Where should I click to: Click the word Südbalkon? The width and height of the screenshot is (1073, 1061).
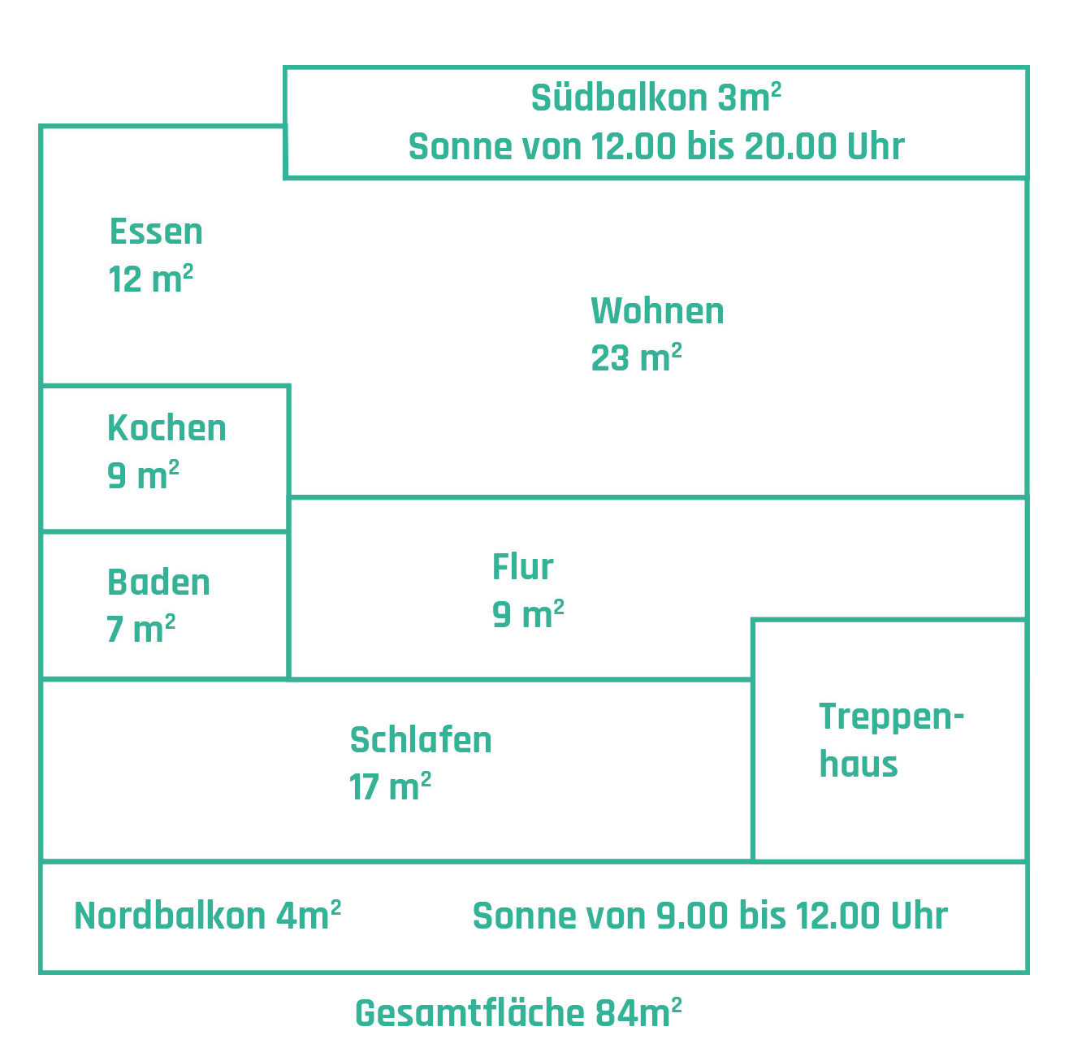click(x=619, y=98)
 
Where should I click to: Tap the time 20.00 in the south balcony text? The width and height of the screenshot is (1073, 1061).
click(x=791, y=147)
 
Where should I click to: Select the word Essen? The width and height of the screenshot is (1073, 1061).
click(x=156, y=232)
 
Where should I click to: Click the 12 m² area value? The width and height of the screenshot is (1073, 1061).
click(x=151, y=279)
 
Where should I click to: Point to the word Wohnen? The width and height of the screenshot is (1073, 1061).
click(x=657, y=311)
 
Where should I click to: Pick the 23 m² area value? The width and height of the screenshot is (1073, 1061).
click(x=636, y=357)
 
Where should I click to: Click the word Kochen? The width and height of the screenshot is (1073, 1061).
click(x=167, y=428)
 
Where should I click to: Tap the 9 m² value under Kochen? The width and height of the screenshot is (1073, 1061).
click(x=143, y=475)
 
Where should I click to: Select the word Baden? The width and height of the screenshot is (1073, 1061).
click(x=158, y=582)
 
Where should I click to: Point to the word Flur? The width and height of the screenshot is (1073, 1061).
click(x=522, y=567)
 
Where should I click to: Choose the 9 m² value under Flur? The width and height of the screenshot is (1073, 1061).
click(x=528, y=614)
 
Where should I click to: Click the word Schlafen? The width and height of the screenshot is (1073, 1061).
click(x=421, y=740)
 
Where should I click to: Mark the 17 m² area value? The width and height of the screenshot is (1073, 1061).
click(x=390, y=787)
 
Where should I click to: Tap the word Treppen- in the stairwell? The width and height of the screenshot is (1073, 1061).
click(x=891, y=718)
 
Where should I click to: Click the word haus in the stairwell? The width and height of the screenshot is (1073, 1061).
click(x=858, y=764)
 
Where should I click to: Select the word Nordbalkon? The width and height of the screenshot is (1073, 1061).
click(x=170, y=916)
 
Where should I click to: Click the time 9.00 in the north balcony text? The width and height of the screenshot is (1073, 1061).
click(x=692, y=916)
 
